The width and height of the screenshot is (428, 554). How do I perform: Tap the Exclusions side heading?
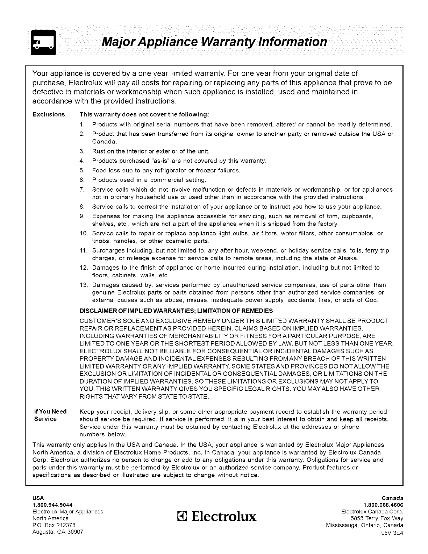tap(49, 115)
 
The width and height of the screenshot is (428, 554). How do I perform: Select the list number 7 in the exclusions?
tap(83, 190)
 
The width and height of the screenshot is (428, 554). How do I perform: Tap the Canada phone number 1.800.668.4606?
tap(384, 505)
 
